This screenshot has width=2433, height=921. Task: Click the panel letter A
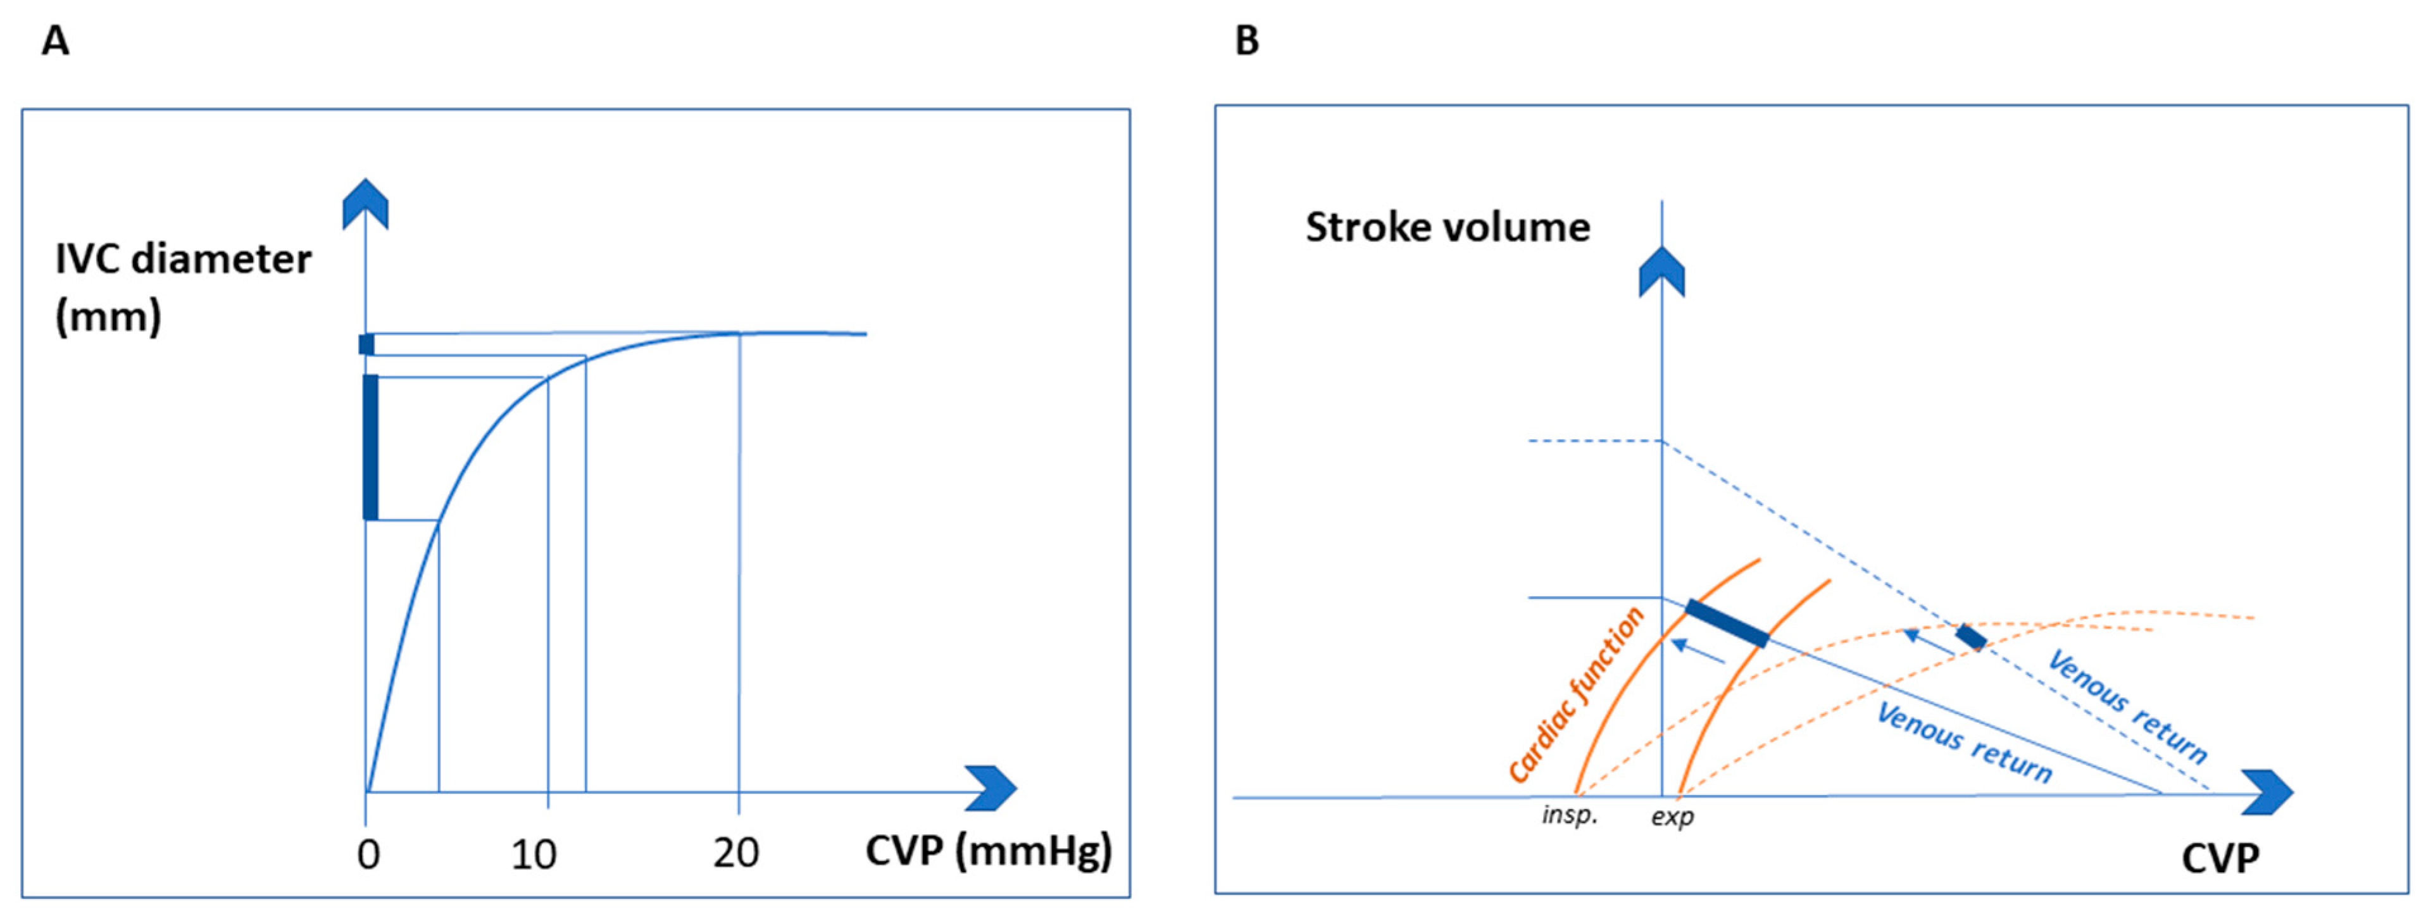[56, 42]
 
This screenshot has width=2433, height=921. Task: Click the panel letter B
[1247, 42]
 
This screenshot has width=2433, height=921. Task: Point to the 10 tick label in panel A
[534, 855]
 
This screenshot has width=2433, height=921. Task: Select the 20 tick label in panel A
[735, 854]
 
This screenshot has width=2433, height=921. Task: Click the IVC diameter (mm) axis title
[182, 287]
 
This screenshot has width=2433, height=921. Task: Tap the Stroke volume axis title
[1447, 228]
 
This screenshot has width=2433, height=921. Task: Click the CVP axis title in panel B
[2220, 858]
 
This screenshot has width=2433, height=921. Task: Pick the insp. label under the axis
[1570, 814]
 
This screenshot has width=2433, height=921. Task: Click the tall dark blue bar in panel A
[371, 447]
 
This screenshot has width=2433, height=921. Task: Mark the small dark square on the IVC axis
[366, 344]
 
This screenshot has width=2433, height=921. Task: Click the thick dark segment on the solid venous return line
[1727, 623]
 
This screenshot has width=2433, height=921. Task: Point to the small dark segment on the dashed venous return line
[1970, 637]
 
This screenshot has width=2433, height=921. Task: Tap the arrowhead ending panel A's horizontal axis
[992, 789]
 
